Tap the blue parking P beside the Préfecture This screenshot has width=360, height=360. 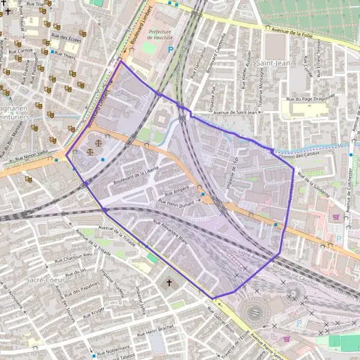pyautogui.click(x=170, y=50)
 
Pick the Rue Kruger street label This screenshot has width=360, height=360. pyautogui.click(x=94, y=313)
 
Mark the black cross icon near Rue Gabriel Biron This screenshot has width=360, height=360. pyautogui.click(x=169, y=283)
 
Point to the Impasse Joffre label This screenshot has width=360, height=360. pyautogui.click(x=141, y=299)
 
